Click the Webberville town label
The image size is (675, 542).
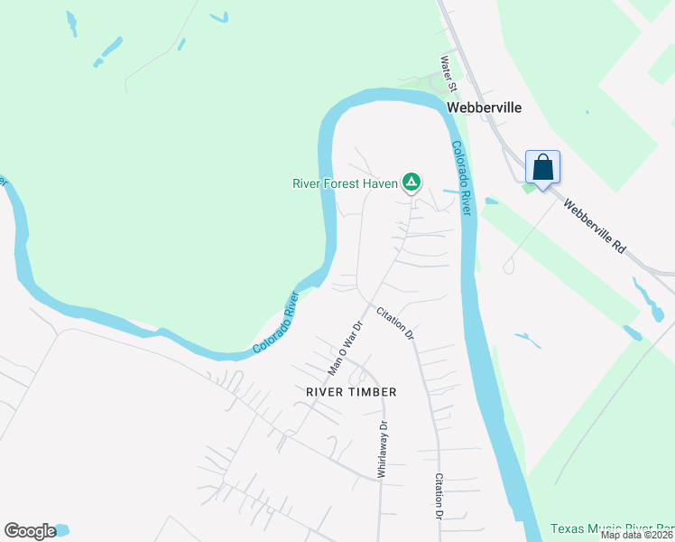tap(485, 107)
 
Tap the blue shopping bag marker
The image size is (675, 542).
tap(542, 168)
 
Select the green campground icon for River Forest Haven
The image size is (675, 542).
tap(411, 182)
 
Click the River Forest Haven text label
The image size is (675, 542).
tap(346, 183)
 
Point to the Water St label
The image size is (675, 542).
tap(448, 73)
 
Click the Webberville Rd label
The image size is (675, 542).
tap(594, 226)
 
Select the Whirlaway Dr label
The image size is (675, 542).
tap(382, 449)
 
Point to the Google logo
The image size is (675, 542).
tap(30, 531)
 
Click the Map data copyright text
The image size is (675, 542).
tap(636, 535)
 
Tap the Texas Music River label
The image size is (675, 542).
tap(611, 528)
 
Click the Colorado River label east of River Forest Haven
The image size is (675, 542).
tap(462, 177)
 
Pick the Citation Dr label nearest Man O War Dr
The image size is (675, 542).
tap(395, 323)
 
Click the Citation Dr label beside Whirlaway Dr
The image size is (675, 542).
tap(439, 496)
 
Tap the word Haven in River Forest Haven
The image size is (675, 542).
tap(381, 183)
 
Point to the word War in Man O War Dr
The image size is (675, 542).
tap(346, 345)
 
